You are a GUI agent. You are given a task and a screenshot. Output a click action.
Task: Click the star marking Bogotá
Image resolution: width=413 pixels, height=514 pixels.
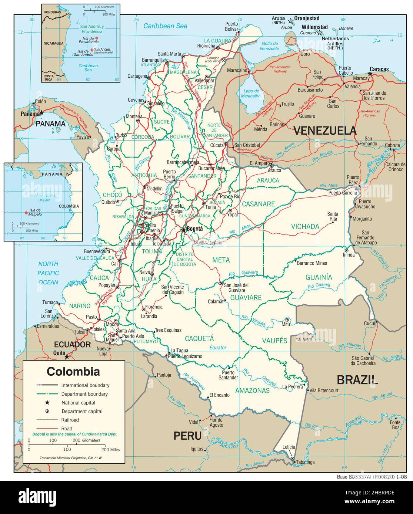coord(183,230)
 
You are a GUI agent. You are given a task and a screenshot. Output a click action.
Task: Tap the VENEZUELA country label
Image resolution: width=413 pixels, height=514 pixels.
coord(325,131)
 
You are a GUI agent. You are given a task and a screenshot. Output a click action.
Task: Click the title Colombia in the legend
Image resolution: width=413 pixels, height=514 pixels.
coord(73,371)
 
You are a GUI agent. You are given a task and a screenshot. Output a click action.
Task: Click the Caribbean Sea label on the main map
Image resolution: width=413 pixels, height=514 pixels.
coord(165,26)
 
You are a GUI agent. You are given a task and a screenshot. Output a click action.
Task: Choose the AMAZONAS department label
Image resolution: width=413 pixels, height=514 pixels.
coord(252,390)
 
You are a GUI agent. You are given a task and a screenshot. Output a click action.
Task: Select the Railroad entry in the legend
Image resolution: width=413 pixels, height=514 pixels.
coord(70,420)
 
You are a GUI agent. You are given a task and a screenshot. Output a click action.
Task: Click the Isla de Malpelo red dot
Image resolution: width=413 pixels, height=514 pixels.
coord(26,213)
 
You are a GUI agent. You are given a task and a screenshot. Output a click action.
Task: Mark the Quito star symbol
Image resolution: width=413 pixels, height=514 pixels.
coord(67,357)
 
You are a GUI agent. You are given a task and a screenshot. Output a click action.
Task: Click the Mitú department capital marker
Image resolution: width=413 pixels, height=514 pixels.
coord(287,320)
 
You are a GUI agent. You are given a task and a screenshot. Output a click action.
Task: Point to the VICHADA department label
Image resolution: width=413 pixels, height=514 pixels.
coord(305,226)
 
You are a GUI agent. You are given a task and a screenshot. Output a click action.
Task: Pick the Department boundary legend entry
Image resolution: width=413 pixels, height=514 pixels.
coord(85,394)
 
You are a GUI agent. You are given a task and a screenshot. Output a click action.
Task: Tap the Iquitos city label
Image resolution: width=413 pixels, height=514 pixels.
coord(196,449)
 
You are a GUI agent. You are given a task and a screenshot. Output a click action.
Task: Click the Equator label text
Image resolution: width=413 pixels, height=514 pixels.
coord(217,348)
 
